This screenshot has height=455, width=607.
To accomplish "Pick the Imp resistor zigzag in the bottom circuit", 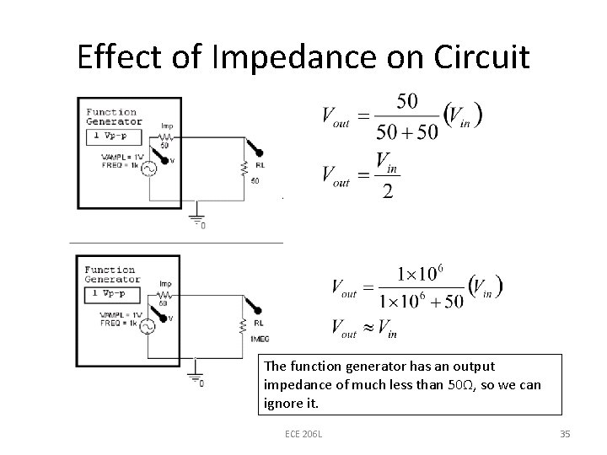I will point(165,292).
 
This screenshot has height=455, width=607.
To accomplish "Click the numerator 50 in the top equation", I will point(406,101).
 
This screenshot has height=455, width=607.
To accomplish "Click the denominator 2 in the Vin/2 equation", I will point(387,191).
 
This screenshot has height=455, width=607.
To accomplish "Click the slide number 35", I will point(565,433).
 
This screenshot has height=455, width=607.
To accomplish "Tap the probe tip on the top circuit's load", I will point(259,153).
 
